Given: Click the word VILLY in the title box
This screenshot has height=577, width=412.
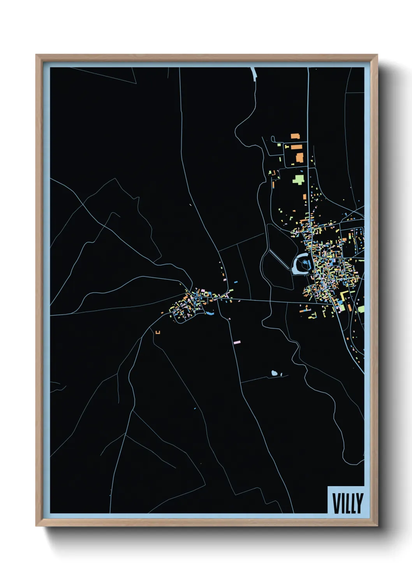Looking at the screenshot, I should (348, 503).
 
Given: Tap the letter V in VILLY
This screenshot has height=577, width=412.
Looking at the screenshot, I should (336, 503).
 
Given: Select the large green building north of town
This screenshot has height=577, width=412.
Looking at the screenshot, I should (299, 179).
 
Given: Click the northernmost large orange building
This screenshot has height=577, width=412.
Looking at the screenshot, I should (295, 136).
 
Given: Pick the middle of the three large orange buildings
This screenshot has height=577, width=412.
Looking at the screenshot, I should (297, 147).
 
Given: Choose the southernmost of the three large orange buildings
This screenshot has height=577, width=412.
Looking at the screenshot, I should (299, 158).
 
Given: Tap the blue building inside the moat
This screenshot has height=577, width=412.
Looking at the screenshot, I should (304, 264).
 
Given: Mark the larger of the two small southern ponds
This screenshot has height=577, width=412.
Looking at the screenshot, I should (275, 373).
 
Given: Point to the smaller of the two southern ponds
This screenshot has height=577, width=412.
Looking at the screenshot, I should (281, 375).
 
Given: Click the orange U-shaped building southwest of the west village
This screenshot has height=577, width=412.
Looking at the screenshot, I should (158, 332).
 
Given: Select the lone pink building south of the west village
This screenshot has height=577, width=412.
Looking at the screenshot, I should (237, 342).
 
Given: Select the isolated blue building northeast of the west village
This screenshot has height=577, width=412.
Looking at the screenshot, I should (236, 282).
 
